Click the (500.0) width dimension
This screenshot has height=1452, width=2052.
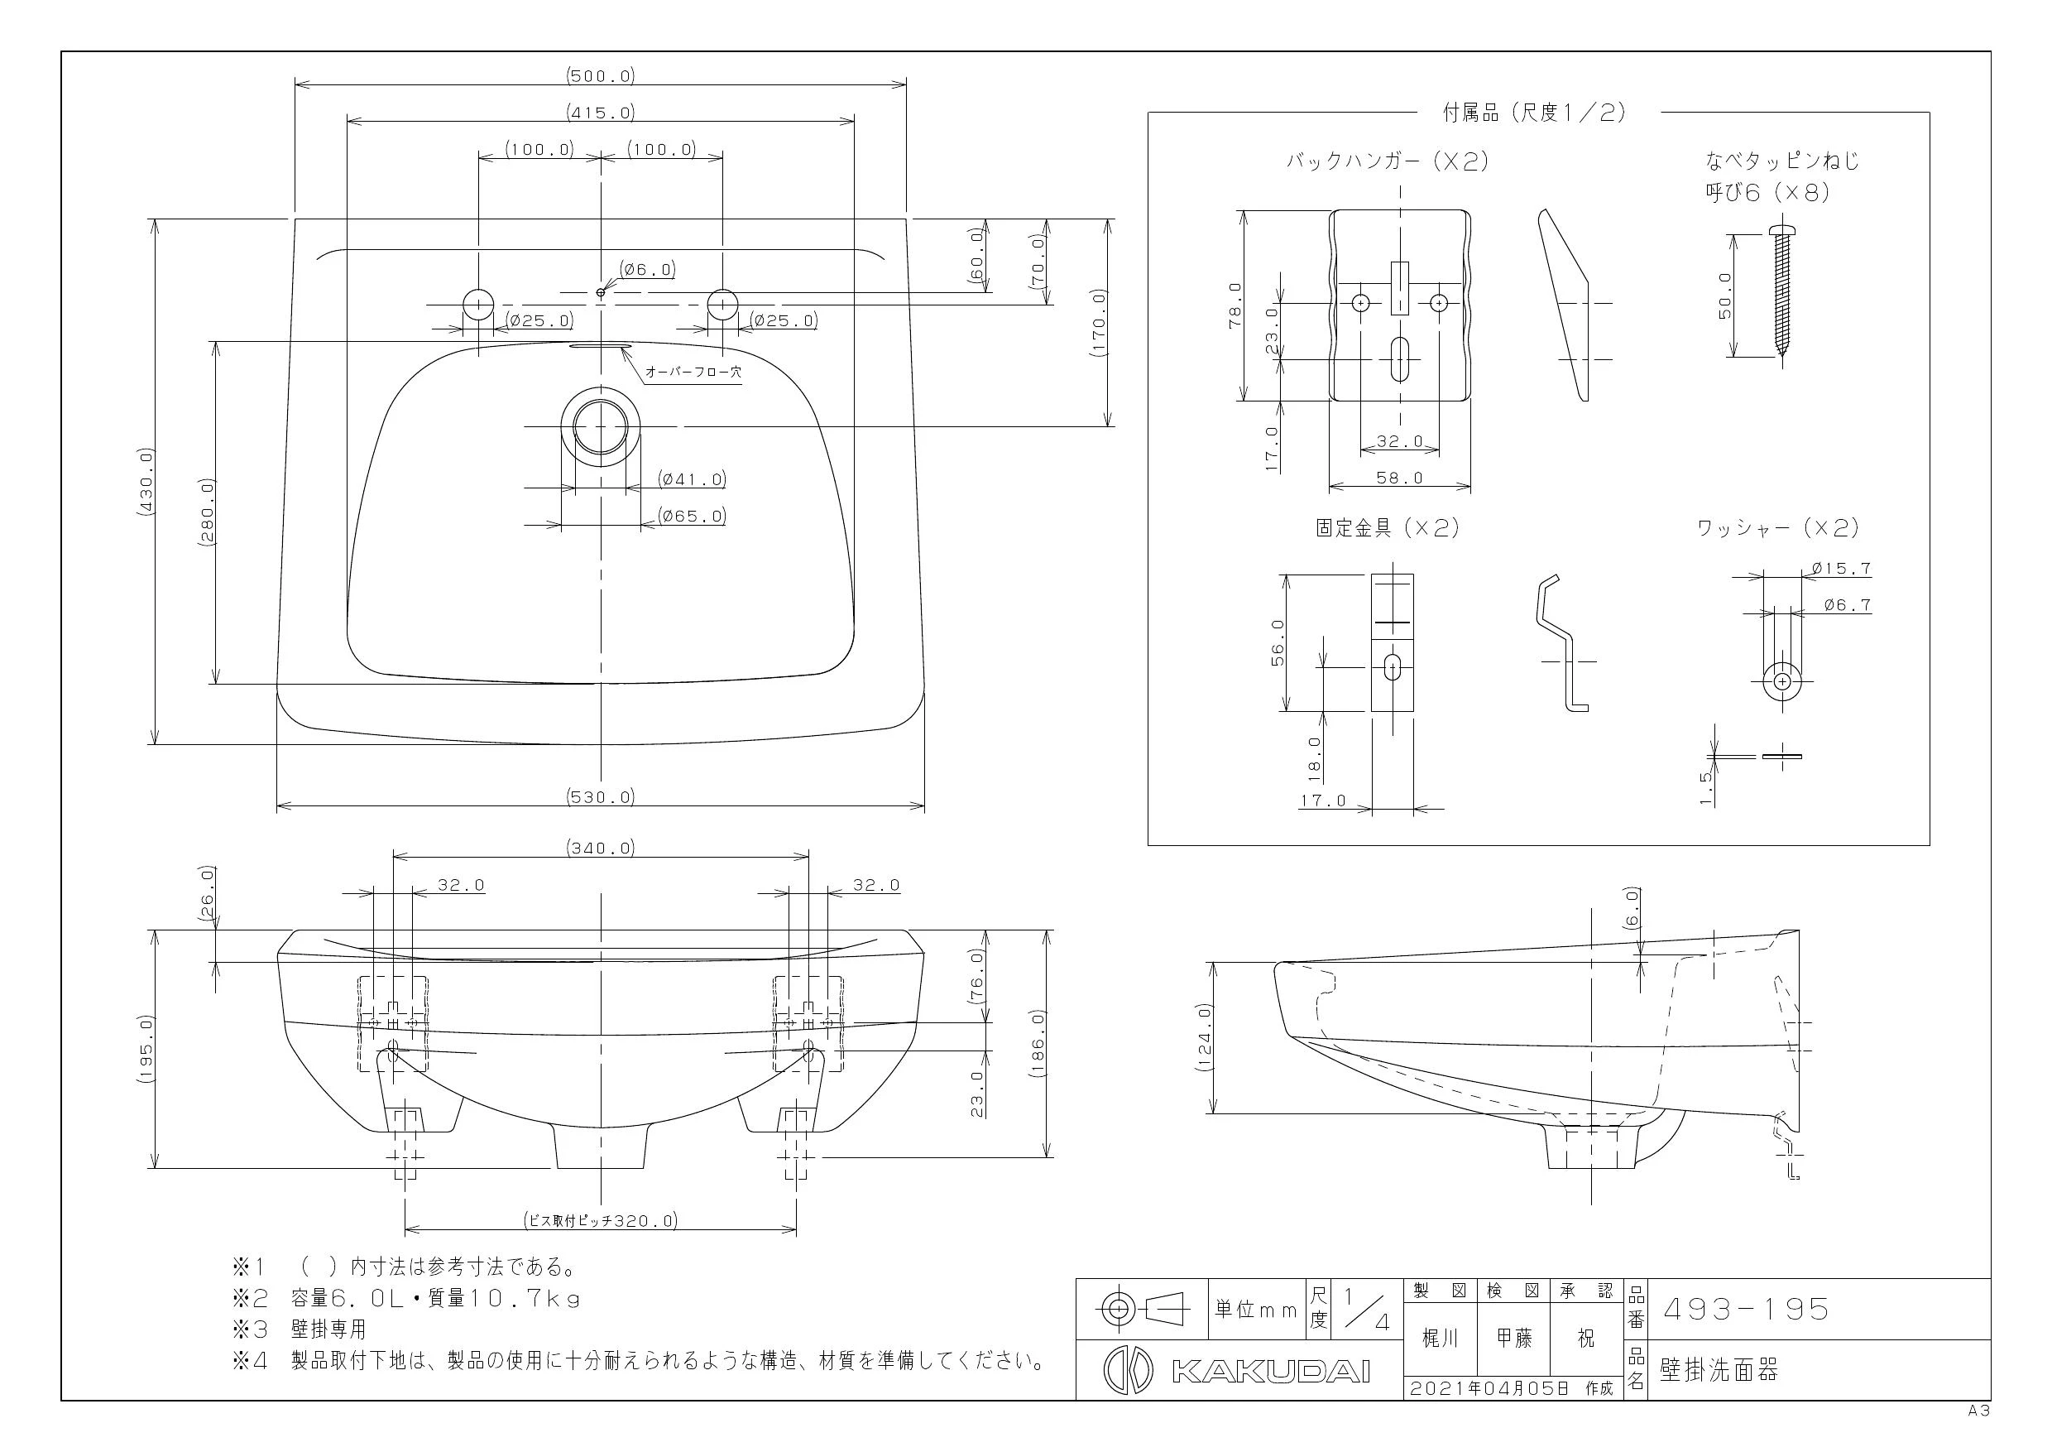pyautogui.click(x=601, y=76)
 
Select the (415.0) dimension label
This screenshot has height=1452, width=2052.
pyautogui.click(x=601, y=113)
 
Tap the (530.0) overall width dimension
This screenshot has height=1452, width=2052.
pyautogui.click(x=601, y=796)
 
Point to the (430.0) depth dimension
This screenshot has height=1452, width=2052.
pyautogui.click(x=146, y=481)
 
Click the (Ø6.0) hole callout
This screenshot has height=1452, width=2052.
pyautogui.click(x=647, y=269)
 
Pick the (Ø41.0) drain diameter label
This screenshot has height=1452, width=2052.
pyautogui.click(x=692, y=479)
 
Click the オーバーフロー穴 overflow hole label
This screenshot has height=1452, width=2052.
pyautogui.click(x=693, y=371)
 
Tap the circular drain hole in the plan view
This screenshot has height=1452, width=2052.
pyautogui.click(x=601, y=426)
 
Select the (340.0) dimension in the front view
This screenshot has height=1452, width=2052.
pyautogui.click(x=601, y=848)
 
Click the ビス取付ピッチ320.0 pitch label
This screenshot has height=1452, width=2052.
pyautogui.click(x=601, y=1220)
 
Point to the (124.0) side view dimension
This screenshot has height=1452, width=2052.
pyautogui.click(x=1204, y=1037)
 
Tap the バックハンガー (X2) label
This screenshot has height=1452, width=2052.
pyautogui.click(x=1387, y=161)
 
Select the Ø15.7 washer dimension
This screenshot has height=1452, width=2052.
pyautogui.click(x=1841, y=569)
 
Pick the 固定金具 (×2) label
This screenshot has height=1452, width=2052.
pyautogui.click(x=1388, y=527)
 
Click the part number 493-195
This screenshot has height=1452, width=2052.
pyautogui.click(x=1746, y=1310)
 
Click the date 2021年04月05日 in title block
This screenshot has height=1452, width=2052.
pyautogui.click(x=1490, y=1387)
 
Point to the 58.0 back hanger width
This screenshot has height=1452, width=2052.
pyautogui.click(x=1399, y=478)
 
